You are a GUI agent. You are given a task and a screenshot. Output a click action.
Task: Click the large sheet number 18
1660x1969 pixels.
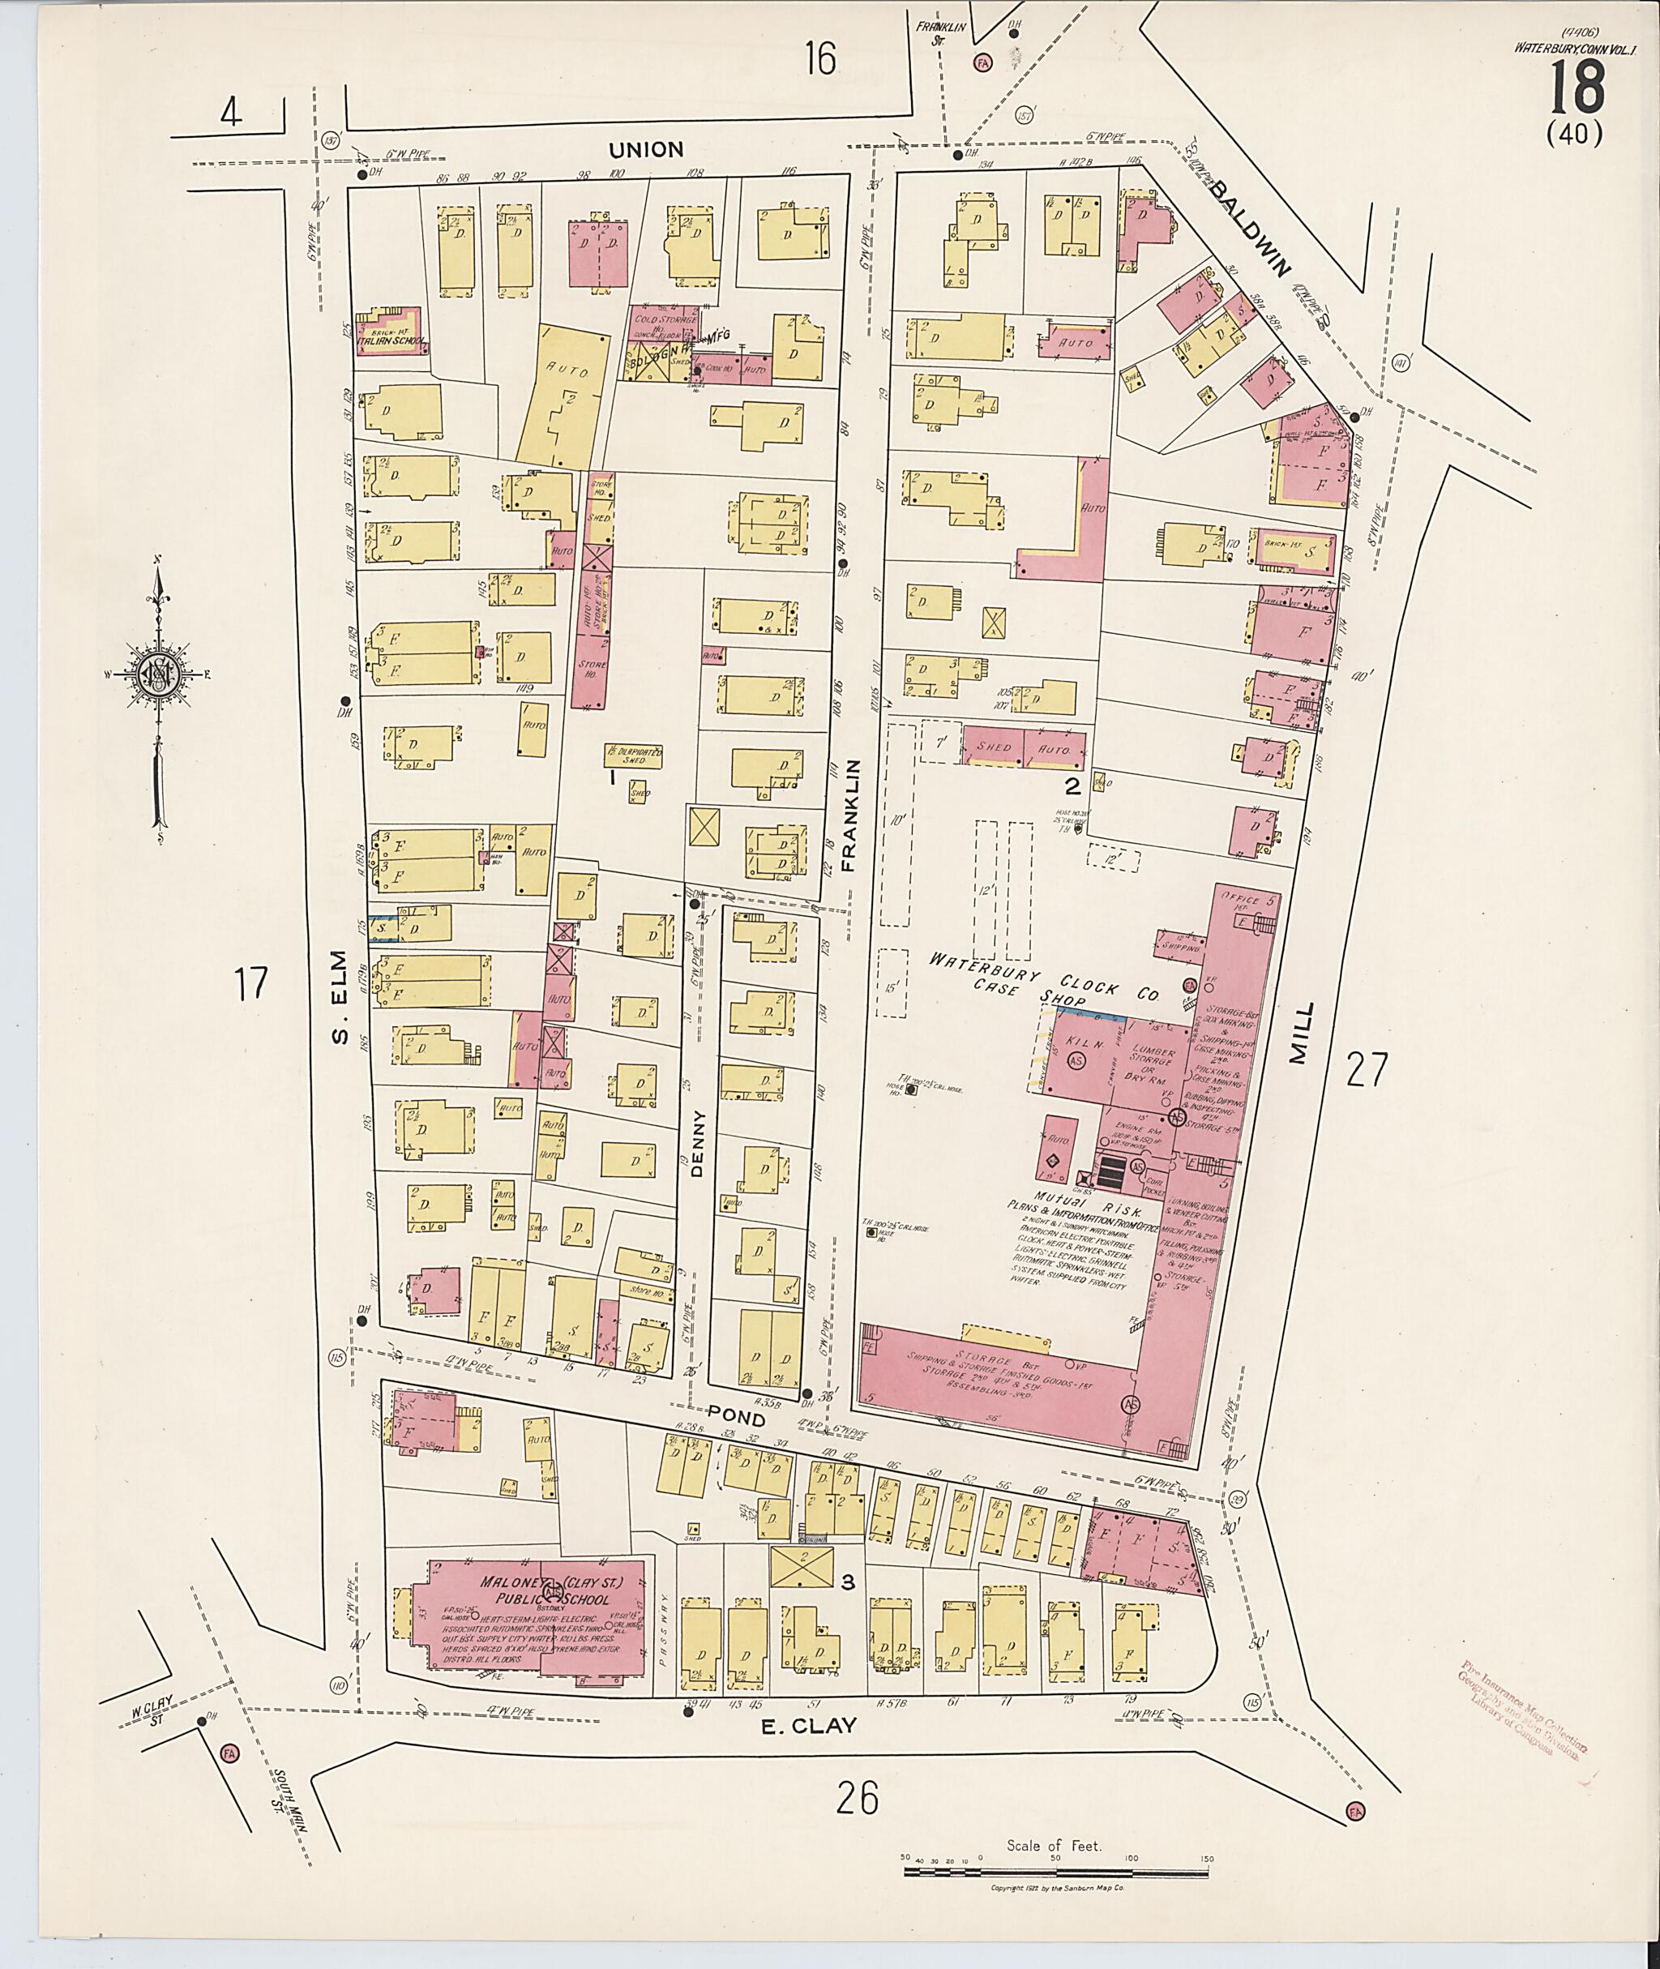pos(1577,87)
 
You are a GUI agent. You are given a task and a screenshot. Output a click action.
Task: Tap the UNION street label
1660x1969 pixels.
pos(645,150)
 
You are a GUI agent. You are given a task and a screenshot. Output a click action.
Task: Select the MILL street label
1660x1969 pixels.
pos(1299,1033)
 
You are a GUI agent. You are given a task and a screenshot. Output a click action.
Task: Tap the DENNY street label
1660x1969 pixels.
pos(697,1144)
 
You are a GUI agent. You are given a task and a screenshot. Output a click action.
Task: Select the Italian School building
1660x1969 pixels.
pos(391,332)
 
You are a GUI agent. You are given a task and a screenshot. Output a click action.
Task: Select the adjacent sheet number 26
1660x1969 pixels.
pos(858,1799)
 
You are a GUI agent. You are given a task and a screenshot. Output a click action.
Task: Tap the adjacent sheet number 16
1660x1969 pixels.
pos(819,60)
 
